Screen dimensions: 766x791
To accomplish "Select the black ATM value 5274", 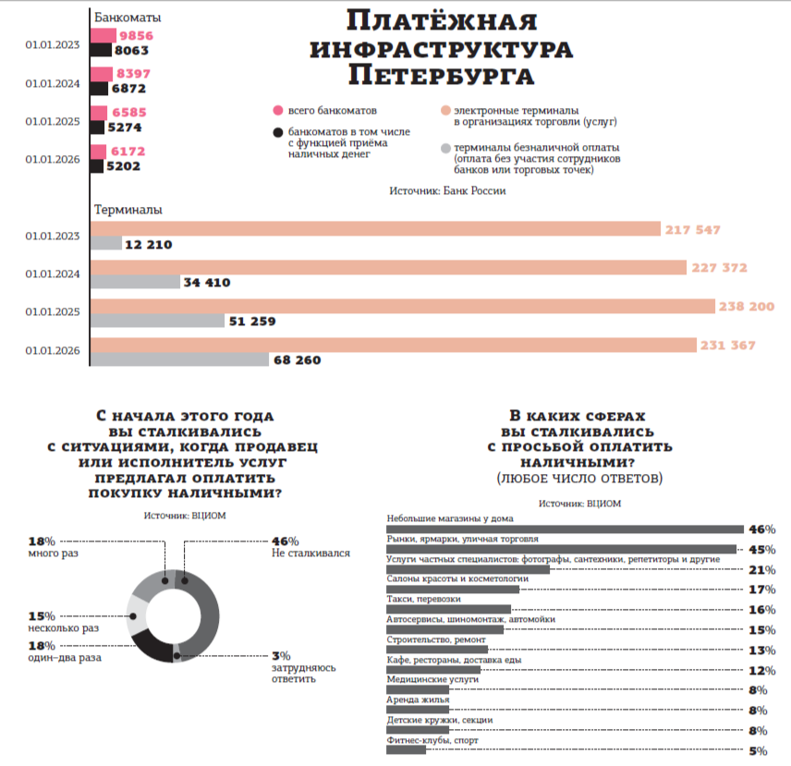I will [x=125, y=128].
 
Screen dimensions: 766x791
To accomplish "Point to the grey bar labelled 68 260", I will [x=179, y=359].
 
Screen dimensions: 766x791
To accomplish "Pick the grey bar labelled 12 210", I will [x=106, y=244].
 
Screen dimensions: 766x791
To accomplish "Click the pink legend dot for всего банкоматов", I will [x=277, y=111].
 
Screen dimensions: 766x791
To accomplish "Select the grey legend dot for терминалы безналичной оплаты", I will [x=445, y=148].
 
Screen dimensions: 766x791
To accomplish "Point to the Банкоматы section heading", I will [x=128, y=17].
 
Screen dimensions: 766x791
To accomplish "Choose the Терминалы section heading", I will [x=128, y=210].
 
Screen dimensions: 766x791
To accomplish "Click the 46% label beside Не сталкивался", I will [x=285, y=541].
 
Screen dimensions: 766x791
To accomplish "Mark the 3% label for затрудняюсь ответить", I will [x=279, y=654].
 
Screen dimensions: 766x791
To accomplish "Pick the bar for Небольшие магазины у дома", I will [x=564, y=529].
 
